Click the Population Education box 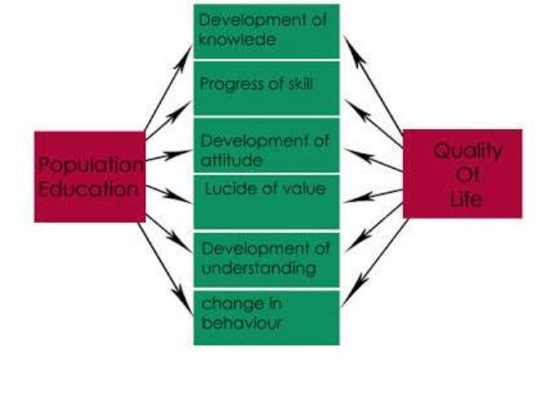coord(89,176)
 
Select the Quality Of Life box coord(462,174)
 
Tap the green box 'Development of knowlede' coord(266,31)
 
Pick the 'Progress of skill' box coord(266,88)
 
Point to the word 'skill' coord(295,84)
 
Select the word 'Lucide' coord(226,188)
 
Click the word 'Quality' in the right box coord(467,151)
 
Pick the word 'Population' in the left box coord(89,164)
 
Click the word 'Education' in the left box coord(89,188)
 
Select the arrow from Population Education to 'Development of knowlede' coord(168,90)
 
